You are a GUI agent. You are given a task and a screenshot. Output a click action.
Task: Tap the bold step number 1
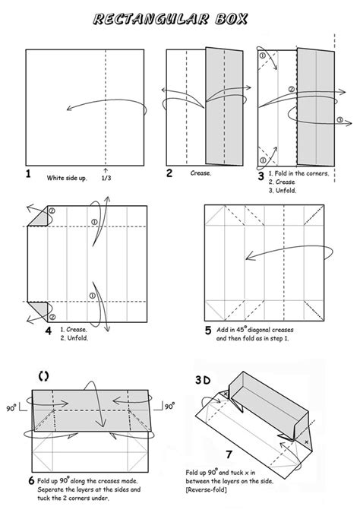coord(28,173)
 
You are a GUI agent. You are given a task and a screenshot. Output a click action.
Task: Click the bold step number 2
coord(169,173)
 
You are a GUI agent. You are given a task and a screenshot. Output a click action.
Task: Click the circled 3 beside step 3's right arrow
coord(339,119)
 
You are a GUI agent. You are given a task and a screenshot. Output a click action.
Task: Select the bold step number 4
coord(27,331)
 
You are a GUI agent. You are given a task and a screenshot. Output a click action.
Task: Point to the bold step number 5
coord(208,331)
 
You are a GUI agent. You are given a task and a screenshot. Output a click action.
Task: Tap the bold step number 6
coord(30,480)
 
